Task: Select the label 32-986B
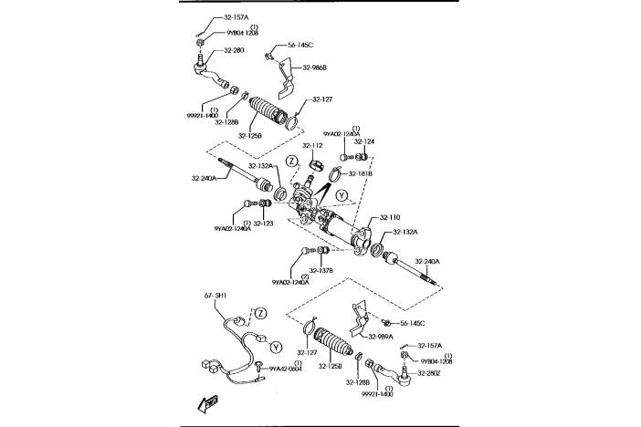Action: (x=314, y=68)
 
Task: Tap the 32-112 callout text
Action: (x=312, y=145)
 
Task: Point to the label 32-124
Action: (x=363, y=141)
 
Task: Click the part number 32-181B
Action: (x=361, y=172)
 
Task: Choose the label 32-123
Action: (x=264, y=223)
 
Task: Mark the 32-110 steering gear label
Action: (x=389, y=217)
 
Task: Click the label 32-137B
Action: (x=320, y=270)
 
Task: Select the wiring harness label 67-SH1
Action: (x=215, y=296)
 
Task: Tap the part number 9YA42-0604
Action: (x=283, y=368)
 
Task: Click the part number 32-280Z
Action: (x=430, y=373)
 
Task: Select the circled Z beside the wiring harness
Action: (x=260, y=313)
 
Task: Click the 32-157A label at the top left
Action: (x=236, y=17)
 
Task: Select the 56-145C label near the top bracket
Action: (x=300, y=44)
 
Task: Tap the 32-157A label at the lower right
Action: (x=430, y=346)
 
